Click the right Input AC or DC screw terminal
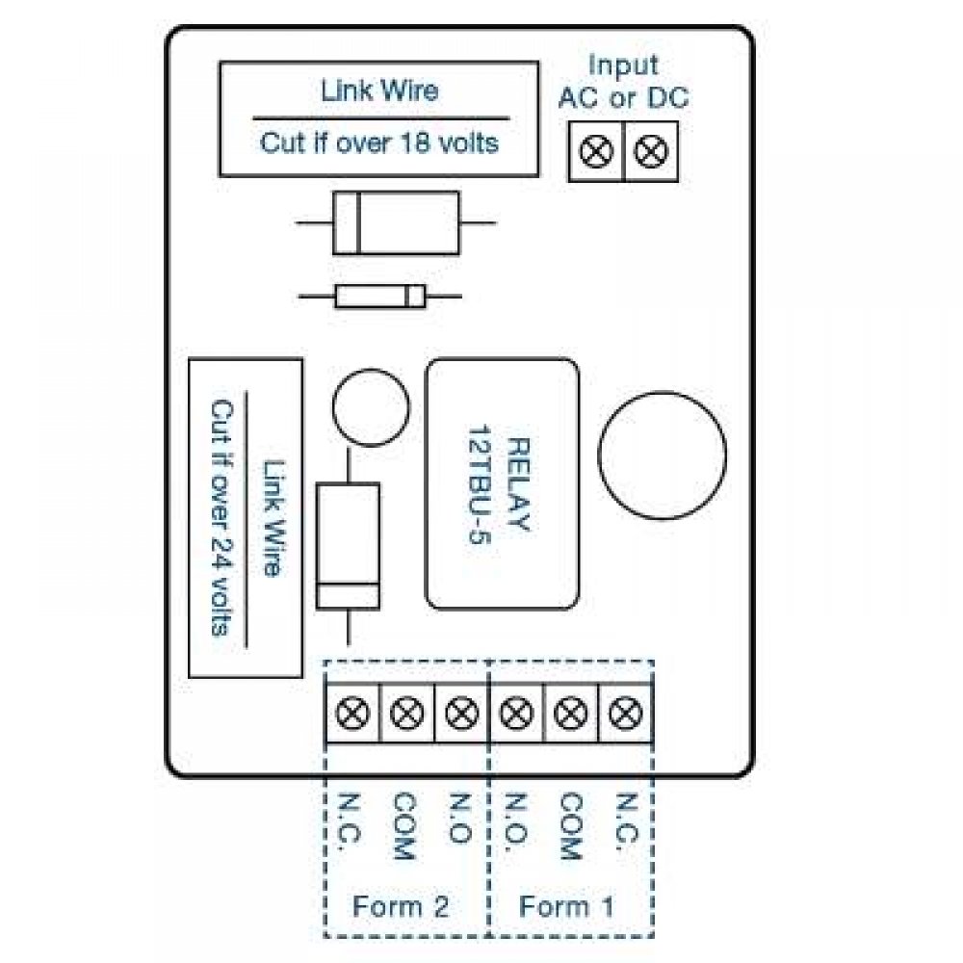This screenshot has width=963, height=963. click(652, 152)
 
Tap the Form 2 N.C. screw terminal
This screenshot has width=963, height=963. click(353, 714)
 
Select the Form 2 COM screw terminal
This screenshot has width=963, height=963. click(407, 714)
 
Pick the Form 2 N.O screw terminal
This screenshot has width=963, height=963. click(462, 714)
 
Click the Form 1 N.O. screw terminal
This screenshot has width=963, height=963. click(517, 714)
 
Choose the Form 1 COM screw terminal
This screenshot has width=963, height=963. click(572, 714)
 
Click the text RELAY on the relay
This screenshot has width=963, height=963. click(517, 485)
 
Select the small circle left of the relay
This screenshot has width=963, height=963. click(369, 408)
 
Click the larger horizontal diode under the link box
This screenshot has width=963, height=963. click(396, 223)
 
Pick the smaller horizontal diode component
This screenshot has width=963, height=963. click(379, 297)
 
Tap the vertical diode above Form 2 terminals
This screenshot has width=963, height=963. click(348, 546)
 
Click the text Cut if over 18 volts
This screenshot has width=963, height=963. click(379, 144)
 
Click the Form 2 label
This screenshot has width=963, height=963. click(400, 906)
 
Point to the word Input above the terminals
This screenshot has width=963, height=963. click(623, 65)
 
